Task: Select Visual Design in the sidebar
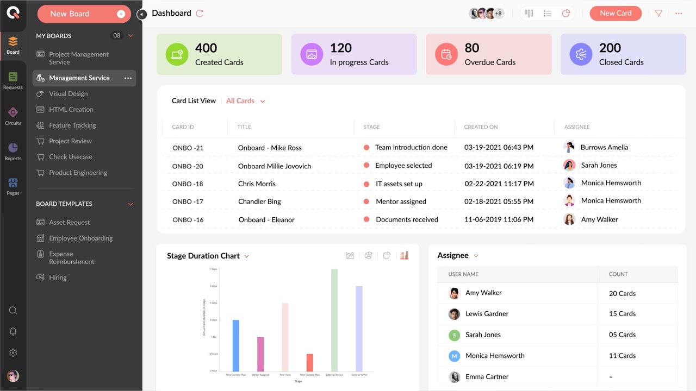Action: pyautogui.click(x=68, y=93)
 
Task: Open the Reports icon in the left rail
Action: pyautogui.click(x=13, y=151)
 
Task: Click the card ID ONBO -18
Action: pyautogui.click(x=188, y=184)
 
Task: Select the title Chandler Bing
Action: pyautogui.click(x=259, y=201)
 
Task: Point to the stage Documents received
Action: pyautogui.click(x=407, y=219)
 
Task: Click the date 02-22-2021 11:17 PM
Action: pyautogui.click(x=499, y=184)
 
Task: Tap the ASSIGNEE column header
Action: pyautogui.click(x=577, y=127)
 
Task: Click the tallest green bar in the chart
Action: pyautogui.click(x=334, y=320)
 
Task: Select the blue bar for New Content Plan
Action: pyautogui.click(x=235, y=345)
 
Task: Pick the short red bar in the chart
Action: pyautogui.click(x=309, y=362)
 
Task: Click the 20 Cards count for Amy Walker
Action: pyautogui.click(x=622, y=293)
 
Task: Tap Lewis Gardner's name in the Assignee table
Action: pyautogui.click(x=487, y=314)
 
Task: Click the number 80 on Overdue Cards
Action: pyautogui.click(x=472, y=48)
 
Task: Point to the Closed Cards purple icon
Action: pyautogui.click(x=581, y=54)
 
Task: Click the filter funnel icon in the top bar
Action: pyautogui.click(x=658, y=14)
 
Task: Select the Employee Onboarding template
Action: pyautogui.click(x=80, y=238)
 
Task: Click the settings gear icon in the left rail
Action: pyautogui.click(x=13, y=353)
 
